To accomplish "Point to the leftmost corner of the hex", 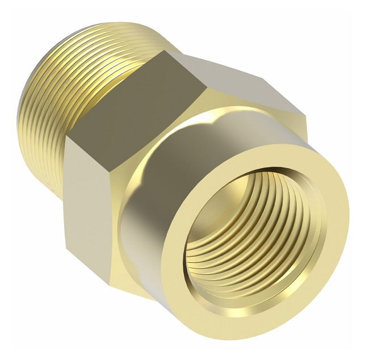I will click(64, 139).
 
